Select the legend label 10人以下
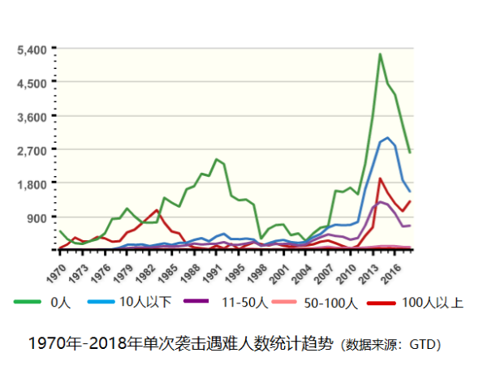click(x=145, y=303)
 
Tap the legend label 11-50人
click(x=244, y=303)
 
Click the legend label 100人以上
click(x=433, y=303)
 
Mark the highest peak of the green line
click(x=380, y=54)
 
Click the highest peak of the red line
click(x=380, y=179)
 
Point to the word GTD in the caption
click(x=423, y=345)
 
